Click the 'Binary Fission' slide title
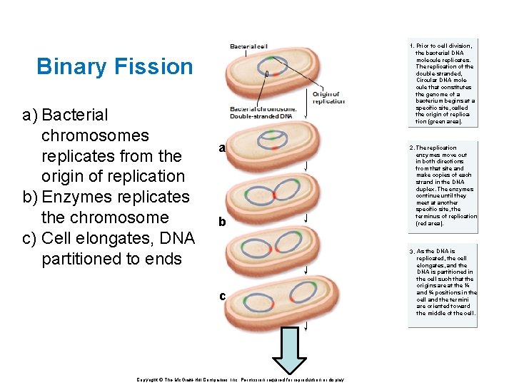(x=114, y=66)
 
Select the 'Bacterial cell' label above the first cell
(x=248, y=46)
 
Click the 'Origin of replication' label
(x=328, y=98)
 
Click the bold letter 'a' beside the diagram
(x=222, y=148)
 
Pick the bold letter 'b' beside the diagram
(x=222, y=222)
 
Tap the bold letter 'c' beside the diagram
(x=223, y=296)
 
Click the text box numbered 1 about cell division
(x=443, y=83)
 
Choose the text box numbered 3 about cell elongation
(x=443, y=282)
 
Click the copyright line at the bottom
(x=240, y=380)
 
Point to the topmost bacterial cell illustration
(x=267, y=72)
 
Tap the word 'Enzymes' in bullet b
(x=79, y=197)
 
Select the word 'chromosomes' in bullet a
(x=95, y=135)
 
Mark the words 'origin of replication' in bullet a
(x=113, y=176)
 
